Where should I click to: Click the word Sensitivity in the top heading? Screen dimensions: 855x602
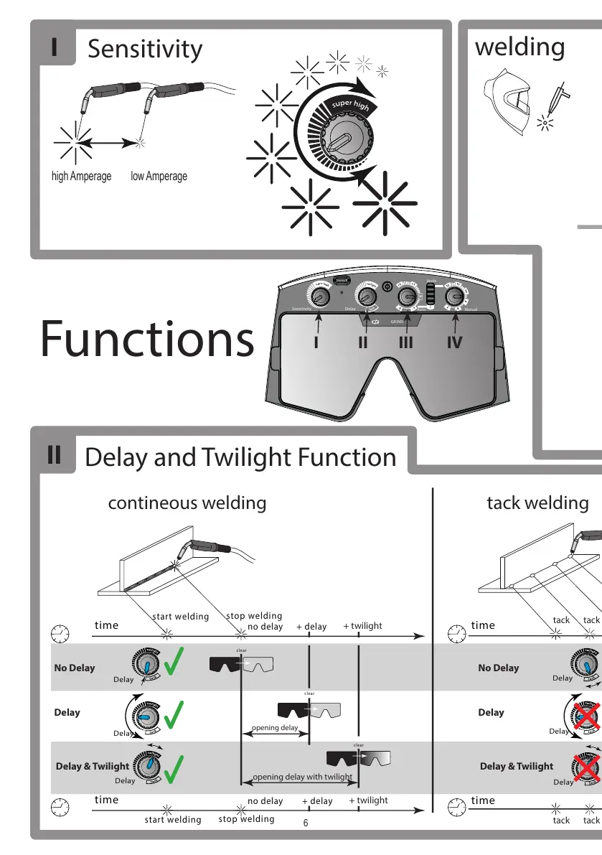[x=145, y=50]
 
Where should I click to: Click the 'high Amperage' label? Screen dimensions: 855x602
[x=82, y=176]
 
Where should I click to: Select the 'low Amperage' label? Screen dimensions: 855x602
[x=159, y=176]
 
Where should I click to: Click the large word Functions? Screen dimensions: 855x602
[x=147, y=340]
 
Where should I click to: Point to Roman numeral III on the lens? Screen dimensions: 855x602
[x=406, y=343]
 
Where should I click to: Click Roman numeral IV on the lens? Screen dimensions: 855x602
[x=454, y=343]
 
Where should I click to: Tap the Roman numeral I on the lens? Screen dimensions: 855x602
[x=316, y=343]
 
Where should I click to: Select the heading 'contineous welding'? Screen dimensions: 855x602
[x=187, y=503]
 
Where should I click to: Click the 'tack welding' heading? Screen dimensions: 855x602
[x=537, y=503]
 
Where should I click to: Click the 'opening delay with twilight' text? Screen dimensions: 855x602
[x=302, y=777]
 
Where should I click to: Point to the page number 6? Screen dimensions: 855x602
[x=305, y=823]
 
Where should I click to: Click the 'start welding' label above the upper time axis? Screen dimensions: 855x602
[x=180, y=617]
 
